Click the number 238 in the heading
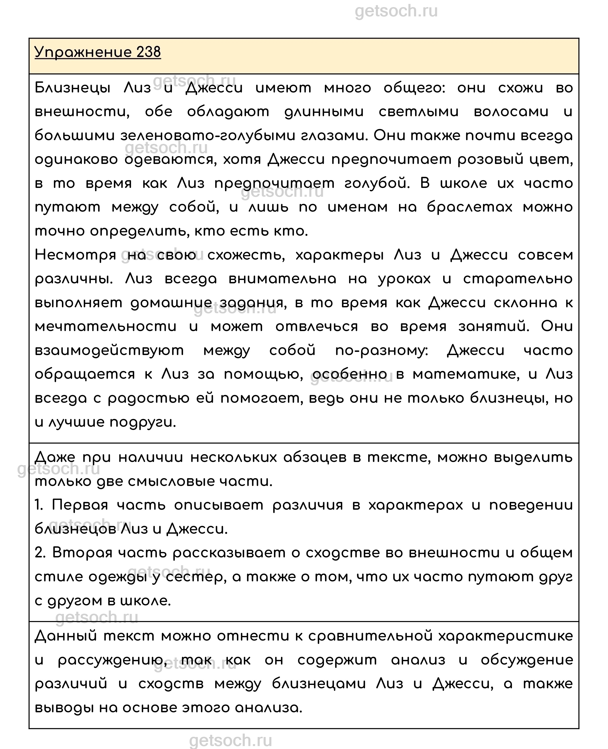[x=148, y=53]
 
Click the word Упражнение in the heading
[x=83, y=53]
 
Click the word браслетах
[x=469, y=207]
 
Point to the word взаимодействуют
[x=109, y=350]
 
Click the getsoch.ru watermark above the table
[x=396, y=11]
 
